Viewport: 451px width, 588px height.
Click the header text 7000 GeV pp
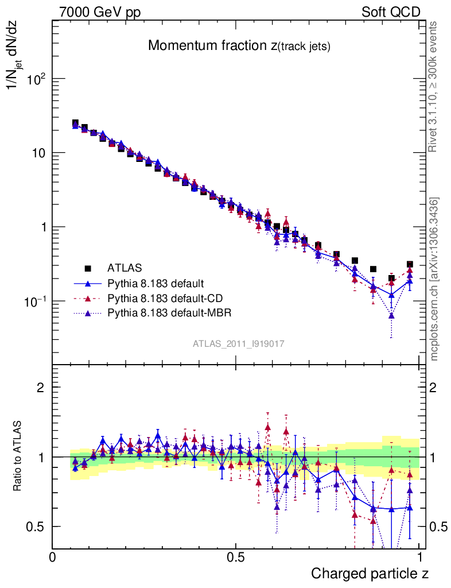pyautogui.click(x=100, y=11)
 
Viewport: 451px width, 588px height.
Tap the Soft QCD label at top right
pyautogui.click(x=390, y=11)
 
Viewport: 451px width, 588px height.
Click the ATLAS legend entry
pyautogui.click(x=123, y=268)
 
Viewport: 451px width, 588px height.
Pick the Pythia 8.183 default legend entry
pyautogui.click(x=155, y=283)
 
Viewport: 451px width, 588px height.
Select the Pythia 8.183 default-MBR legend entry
pyautogui.click(x=168, y=313)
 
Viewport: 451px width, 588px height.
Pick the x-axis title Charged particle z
pyautogui.click(x=370, y=574)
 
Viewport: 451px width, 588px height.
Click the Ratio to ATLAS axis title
pyautogui.click(x=19, y=457)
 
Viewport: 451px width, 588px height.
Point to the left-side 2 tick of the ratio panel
pyautogui.click(x=41, y=387)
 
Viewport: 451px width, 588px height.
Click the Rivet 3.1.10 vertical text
pyautogui.click(x=434, y=86)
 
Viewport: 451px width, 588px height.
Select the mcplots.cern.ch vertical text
pyautogui.click(x=434, y=278)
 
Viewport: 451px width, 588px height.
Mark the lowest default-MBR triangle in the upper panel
pyautogui.click(x=391, y=315)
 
